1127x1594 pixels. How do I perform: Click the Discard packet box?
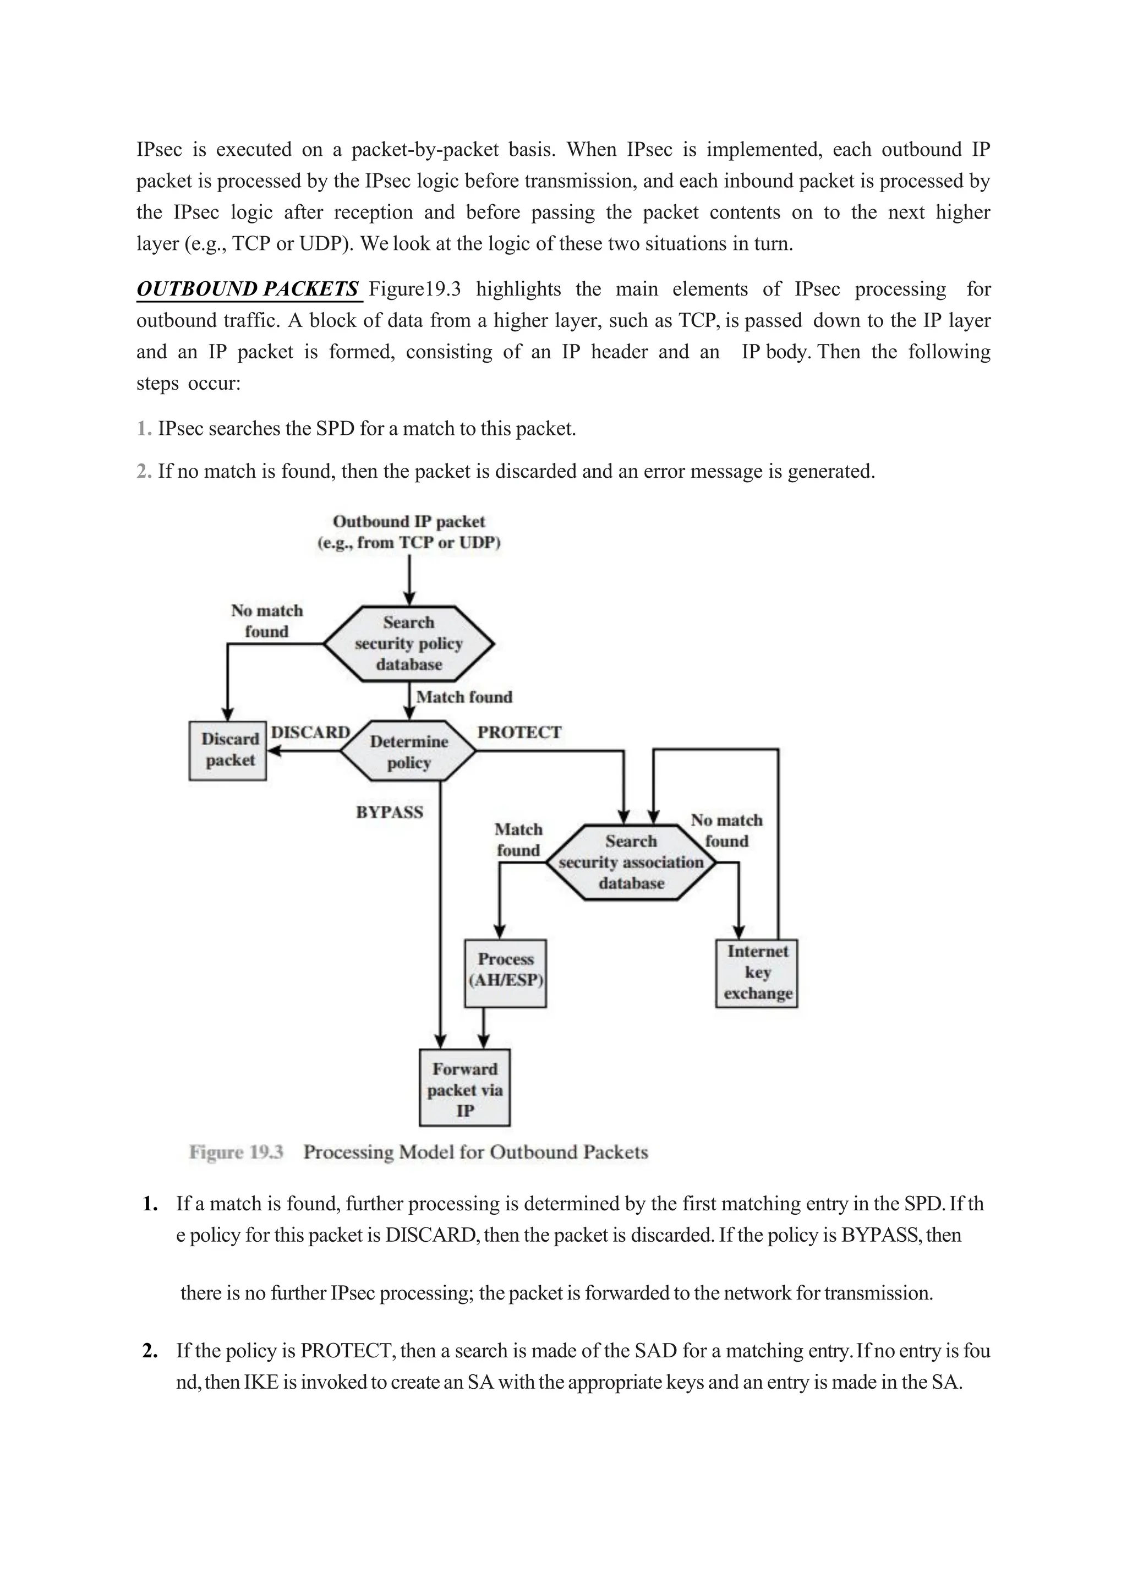pos(228,750)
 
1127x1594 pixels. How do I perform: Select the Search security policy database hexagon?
pos(409,643)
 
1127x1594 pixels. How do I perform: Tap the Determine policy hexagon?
pos(409,751)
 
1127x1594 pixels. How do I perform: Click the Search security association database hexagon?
pos(631,862)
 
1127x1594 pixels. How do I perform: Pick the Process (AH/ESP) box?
pos(505,973)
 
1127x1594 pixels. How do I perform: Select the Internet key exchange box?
pos(757,972)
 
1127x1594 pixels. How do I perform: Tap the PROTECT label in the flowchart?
pos(519,733)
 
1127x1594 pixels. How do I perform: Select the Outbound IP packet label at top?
pos(409,521)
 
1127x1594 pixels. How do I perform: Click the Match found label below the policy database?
pos(463,697)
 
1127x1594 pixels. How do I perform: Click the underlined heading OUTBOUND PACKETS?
pos(248,289)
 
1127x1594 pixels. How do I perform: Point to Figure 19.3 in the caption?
pos(236,1153)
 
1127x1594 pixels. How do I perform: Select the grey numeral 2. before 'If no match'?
pos(144,471)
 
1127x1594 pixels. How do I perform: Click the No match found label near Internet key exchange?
pos(726,831)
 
